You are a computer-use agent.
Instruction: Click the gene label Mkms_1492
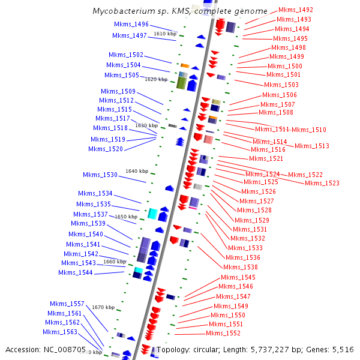click(296, 10)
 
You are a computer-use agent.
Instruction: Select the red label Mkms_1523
click(322, 184)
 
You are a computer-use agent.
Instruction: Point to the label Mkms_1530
click(100, 175)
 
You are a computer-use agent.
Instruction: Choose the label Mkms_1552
click(223, 333)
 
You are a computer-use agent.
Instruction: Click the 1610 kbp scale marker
click(165, 34)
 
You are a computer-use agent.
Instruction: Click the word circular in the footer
click(211, 349)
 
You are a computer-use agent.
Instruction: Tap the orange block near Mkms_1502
click(185, 65)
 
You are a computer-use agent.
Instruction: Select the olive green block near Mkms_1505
click(180, 82)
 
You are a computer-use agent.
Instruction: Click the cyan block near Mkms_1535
click(152, 213)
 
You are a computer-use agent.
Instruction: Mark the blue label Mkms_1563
click(60, 332)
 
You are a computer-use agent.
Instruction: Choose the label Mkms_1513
click(311, 146)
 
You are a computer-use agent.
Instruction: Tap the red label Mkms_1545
click(238, 278)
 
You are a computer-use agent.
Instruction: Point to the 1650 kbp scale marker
click(126, 217)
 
